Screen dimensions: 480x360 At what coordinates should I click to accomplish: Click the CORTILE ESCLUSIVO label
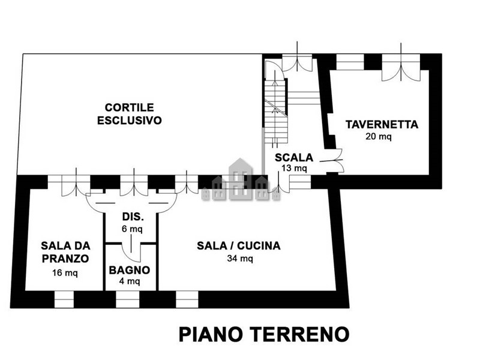130,114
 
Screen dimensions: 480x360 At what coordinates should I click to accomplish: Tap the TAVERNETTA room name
382,124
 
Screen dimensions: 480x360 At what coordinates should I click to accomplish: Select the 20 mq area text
379,136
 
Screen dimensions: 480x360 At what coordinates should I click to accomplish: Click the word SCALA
294,157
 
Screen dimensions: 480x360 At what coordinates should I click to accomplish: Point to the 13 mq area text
294,168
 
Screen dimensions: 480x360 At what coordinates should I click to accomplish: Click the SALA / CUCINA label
238,245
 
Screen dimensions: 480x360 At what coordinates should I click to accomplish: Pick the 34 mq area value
240,259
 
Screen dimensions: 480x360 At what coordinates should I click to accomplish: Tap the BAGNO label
130,270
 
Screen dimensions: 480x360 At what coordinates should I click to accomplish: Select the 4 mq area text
130,281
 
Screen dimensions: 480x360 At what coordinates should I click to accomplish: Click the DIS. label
133,217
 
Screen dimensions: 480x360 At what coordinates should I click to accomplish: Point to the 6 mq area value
132,229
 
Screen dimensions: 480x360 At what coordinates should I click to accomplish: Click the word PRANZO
65,259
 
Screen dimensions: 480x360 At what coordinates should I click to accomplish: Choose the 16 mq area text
65,272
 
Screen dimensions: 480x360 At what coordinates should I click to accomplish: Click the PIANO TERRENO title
264,334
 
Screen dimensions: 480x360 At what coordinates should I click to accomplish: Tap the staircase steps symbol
276,111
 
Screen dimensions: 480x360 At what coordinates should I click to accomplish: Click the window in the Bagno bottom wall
128,299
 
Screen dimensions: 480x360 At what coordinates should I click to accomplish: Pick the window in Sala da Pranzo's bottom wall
64,299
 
